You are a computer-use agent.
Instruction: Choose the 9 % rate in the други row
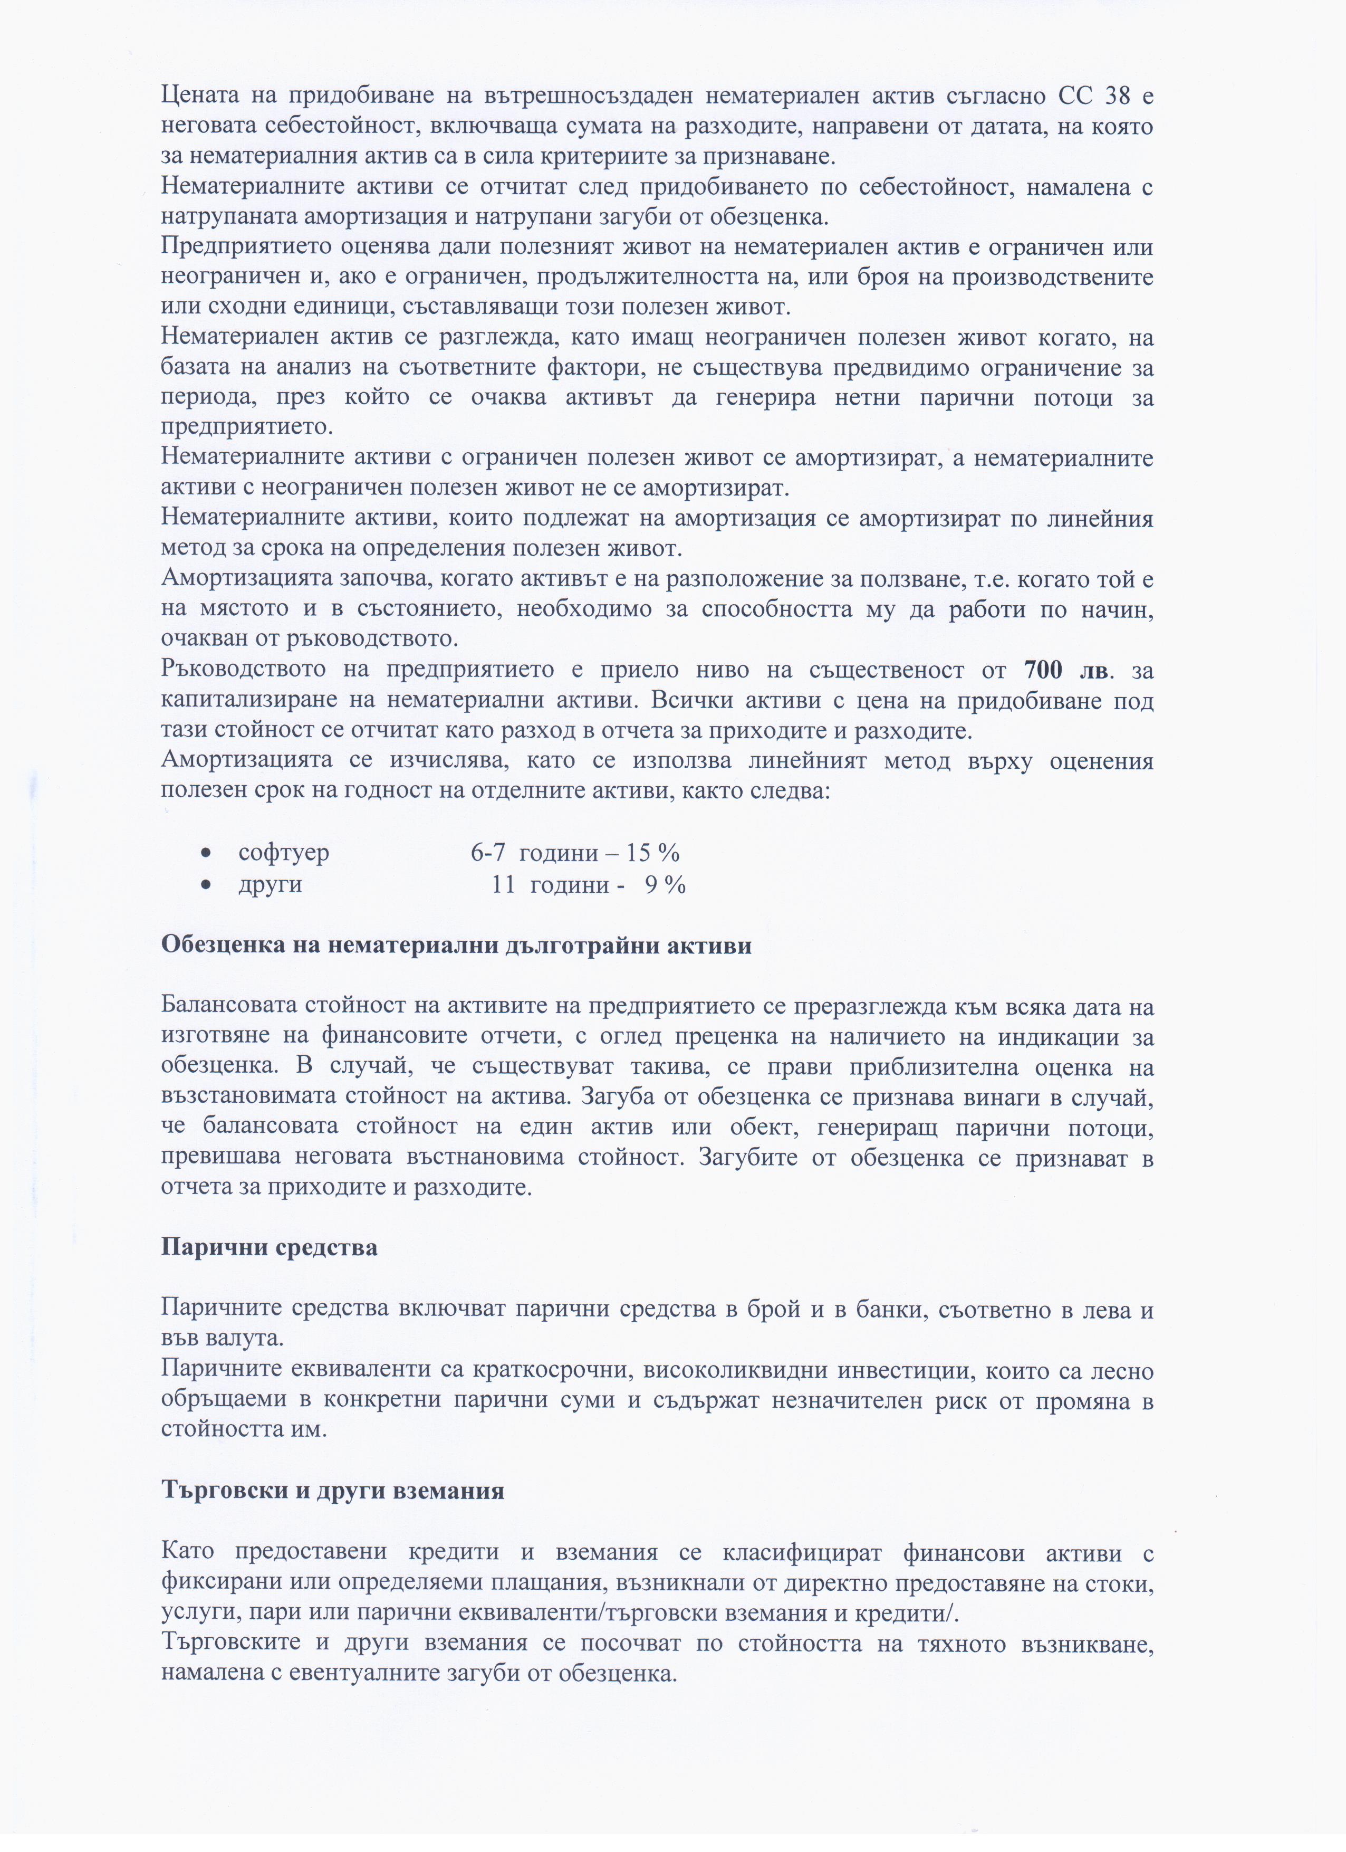coord(665,884)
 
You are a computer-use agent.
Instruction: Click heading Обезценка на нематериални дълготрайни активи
coord(456,946)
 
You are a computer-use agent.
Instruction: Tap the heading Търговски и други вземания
coord(332,1490)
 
